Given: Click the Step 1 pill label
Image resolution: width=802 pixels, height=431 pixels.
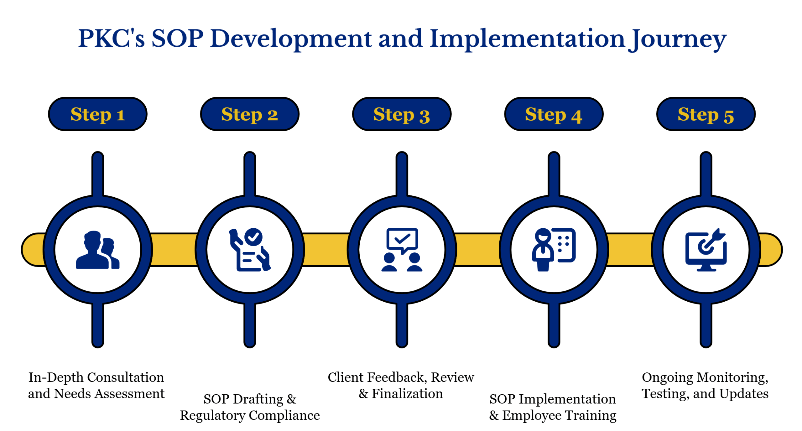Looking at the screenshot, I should point(97,114).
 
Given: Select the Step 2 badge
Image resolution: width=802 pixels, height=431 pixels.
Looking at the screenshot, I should point(249,114).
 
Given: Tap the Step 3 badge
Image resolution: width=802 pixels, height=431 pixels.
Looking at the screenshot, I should point(401,114).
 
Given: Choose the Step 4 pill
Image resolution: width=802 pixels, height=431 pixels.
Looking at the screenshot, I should point(553,114).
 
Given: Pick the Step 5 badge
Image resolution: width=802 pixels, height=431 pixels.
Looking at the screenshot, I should point(705,114).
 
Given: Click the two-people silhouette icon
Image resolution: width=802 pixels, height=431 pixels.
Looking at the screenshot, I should point(97,250).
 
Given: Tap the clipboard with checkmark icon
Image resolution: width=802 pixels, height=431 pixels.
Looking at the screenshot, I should point(249,250).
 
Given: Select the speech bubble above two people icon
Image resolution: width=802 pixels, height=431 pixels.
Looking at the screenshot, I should point(401,250).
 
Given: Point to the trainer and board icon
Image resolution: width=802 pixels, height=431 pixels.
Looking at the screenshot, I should point(553,250).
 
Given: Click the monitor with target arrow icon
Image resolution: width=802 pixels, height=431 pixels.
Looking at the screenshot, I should point(705,250).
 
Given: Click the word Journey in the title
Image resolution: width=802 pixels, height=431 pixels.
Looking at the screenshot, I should point(678,39).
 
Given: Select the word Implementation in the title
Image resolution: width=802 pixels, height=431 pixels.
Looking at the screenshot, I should point(527,39).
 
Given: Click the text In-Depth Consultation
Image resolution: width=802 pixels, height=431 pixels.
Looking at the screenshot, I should point(96,377).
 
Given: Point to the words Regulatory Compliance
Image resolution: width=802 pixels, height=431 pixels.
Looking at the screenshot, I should point(250,415).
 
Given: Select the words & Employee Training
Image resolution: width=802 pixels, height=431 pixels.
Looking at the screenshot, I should point(553,415).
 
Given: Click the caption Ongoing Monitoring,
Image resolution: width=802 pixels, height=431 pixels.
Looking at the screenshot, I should point(705,377).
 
